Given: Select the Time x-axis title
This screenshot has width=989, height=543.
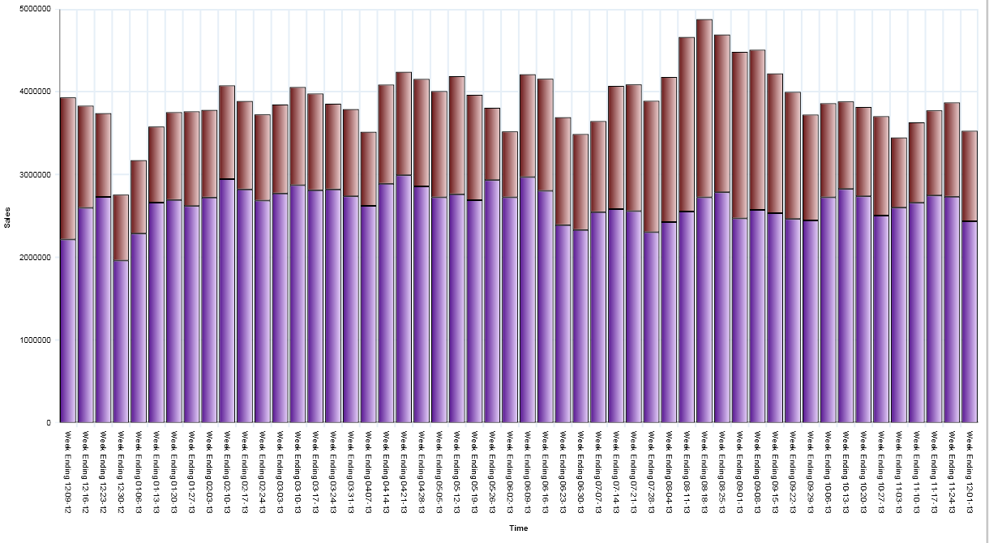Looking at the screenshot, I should (x=518, y=528).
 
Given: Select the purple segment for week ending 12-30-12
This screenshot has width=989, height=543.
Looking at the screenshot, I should (x=121, y=341).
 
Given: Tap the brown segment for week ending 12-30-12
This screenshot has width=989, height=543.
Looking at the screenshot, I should (x=121, y=228).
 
